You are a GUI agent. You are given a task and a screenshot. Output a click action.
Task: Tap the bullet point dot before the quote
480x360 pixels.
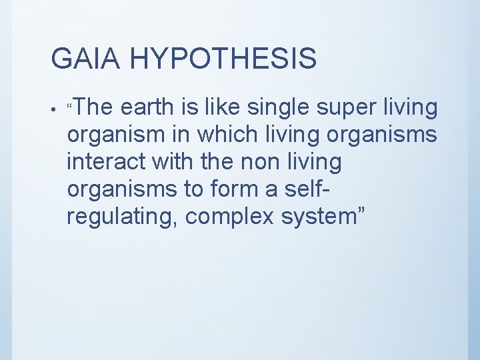click(x=53, y=107)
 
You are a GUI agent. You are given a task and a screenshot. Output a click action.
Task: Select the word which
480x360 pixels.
click(x=227, y=134)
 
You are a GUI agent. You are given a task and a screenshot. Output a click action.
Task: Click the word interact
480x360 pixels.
click(x=108, y=161)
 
